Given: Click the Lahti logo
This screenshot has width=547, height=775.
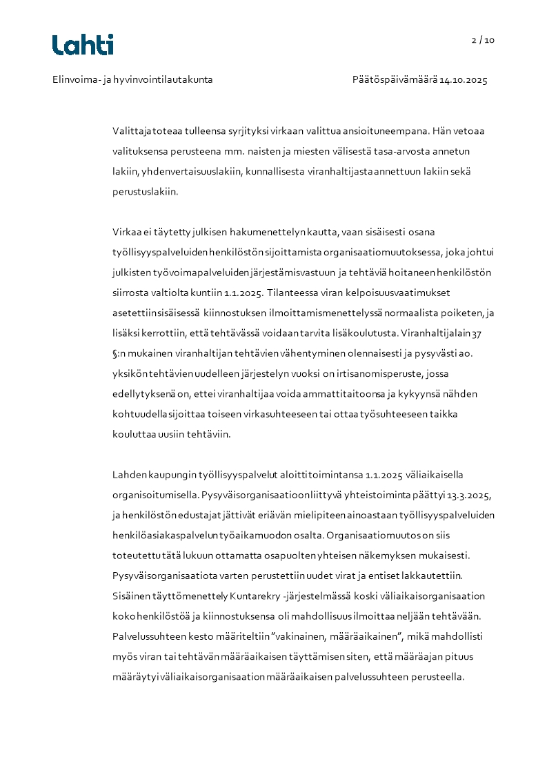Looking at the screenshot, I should (x=83, y=45).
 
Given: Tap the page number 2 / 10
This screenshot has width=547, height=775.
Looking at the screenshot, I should (x=483, y=40).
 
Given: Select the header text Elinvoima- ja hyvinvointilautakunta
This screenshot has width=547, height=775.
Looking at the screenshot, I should (x=132, y=79).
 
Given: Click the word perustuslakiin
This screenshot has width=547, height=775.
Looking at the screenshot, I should (x=145, y=192).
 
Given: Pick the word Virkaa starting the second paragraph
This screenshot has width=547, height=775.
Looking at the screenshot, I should (x=126, y=232).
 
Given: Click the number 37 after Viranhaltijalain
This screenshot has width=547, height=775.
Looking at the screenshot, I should (x=477, y=333).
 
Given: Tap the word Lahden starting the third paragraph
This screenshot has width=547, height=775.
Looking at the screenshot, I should (x=130, y=475).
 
